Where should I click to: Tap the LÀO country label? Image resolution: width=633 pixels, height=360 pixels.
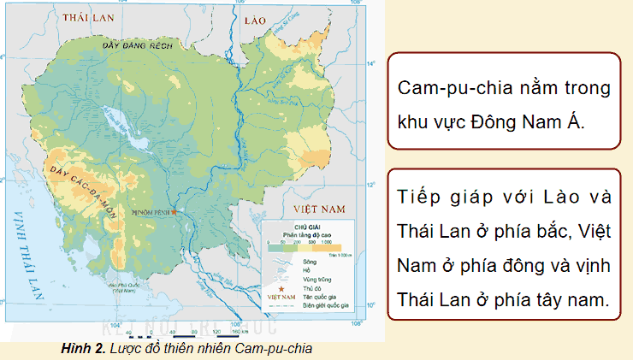[x=255, y=17]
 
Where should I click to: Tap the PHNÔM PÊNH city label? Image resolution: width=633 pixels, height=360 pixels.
[x=149, y=211]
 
